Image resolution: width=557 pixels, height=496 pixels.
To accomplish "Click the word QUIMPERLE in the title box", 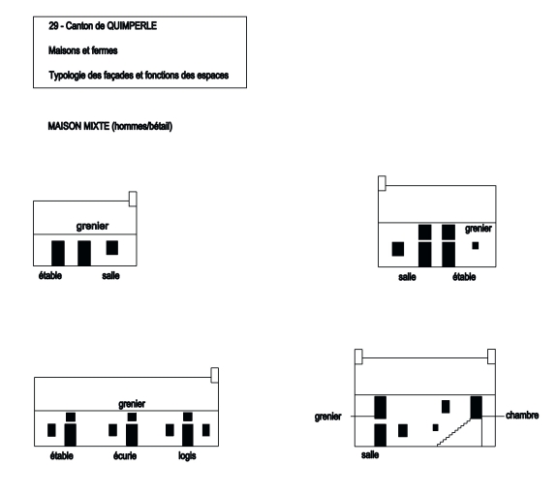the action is (132, 26).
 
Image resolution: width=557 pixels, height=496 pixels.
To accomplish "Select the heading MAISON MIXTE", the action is (78, 126).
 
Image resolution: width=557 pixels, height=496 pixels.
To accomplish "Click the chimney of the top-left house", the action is (133, 199).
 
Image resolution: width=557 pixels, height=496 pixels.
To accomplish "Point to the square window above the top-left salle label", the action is (112, 248).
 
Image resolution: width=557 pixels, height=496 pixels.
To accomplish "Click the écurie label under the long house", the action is (125, 456).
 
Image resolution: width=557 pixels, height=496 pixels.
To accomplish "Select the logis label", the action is (187, 456).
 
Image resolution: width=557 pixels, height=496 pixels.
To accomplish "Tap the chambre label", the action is (522, 416).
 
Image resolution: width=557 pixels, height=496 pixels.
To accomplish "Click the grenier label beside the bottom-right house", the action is (327, 417).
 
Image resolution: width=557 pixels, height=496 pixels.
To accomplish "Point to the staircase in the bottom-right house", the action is (454, 432).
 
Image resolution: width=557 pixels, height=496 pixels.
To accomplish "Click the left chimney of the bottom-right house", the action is (358, 356).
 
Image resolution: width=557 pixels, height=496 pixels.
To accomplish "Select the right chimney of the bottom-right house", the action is (491, 356).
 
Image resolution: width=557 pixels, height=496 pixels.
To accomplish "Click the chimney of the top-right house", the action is (382, 183).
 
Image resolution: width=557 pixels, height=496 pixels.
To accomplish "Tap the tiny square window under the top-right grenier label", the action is (476, 245).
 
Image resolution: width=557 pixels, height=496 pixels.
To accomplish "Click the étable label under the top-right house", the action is (464, 277).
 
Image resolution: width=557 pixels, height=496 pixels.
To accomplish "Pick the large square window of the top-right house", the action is (398, 249).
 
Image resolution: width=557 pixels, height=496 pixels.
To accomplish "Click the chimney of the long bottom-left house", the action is (214, 375).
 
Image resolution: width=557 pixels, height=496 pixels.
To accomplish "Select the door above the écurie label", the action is (132, 435).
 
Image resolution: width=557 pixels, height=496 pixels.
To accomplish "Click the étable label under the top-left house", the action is (50, 276).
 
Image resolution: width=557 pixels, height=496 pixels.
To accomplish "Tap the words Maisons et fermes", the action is (83, 50).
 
